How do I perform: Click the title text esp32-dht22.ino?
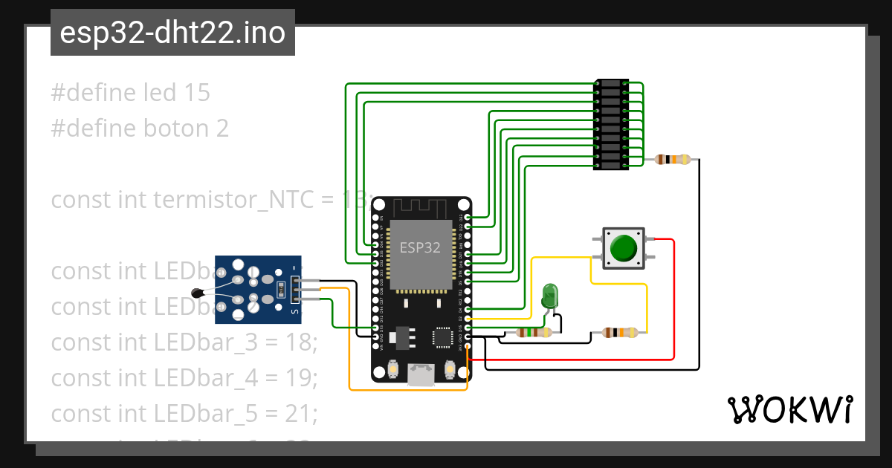coord(172,33)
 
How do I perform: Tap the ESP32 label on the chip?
coord(420,248)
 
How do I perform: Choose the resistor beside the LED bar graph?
coord(672,159)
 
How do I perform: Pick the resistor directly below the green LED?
coord(534,333)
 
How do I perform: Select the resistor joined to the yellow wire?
coord(619,333)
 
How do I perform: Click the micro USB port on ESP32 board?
coord(421,375)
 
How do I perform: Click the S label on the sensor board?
coord(294,312)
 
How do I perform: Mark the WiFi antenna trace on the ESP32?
coord(421,208)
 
